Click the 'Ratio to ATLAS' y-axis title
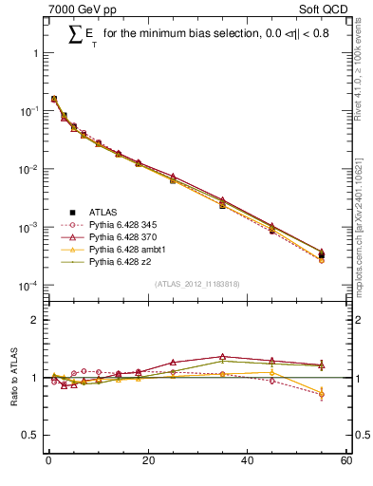coord(13,378)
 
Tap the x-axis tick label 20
coord(146,462)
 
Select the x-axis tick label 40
coord(246,462)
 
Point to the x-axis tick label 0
coord(47,462)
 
